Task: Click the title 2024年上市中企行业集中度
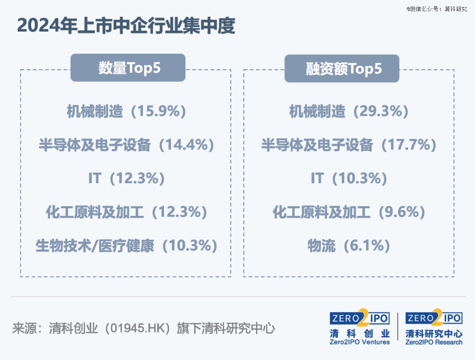(126, 25)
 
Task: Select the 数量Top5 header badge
(128, 68)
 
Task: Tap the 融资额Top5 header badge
(342, 69)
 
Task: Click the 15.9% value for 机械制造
(159, 111)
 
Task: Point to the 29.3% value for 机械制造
(381, 111)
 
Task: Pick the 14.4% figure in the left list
(186, 145)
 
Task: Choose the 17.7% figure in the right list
(409, 145)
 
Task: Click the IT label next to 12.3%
(95, 178)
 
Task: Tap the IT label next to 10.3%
(317, 178)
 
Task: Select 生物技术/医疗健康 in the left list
(95, 246)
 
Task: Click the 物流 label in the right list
(322, 246)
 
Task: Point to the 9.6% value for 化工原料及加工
(402, 212)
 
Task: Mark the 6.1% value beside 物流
(367, 246)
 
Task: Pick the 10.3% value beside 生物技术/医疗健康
(190, 246)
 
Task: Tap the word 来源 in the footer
(24, 328)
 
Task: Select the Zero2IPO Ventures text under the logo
(360, 342)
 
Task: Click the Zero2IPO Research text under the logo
(434, 342)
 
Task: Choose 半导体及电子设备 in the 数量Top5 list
(95, 145)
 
